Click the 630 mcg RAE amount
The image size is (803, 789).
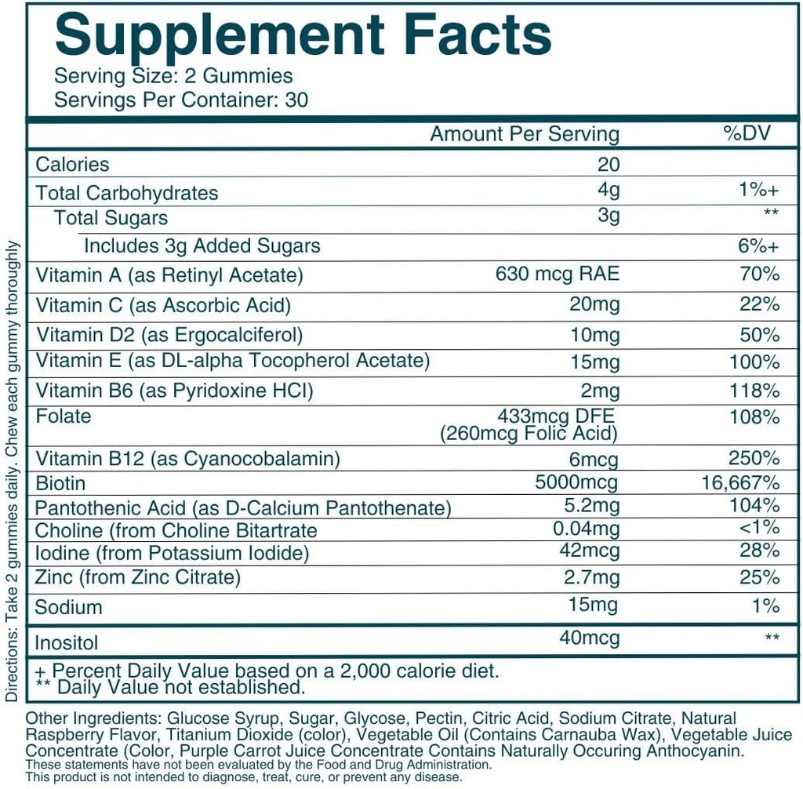(x=558, y=274)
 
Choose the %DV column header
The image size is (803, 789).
(x=747, y=133)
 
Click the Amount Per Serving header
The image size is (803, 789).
(x=524, y=134)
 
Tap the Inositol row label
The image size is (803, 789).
(x=67, y=643)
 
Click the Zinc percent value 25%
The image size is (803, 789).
(x=759, y=578)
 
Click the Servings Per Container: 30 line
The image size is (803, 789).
(x=181, y=100)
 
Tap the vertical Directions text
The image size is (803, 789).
(x=11, y=471)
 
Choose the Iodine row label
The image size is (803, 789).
(x=172, y=553)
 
